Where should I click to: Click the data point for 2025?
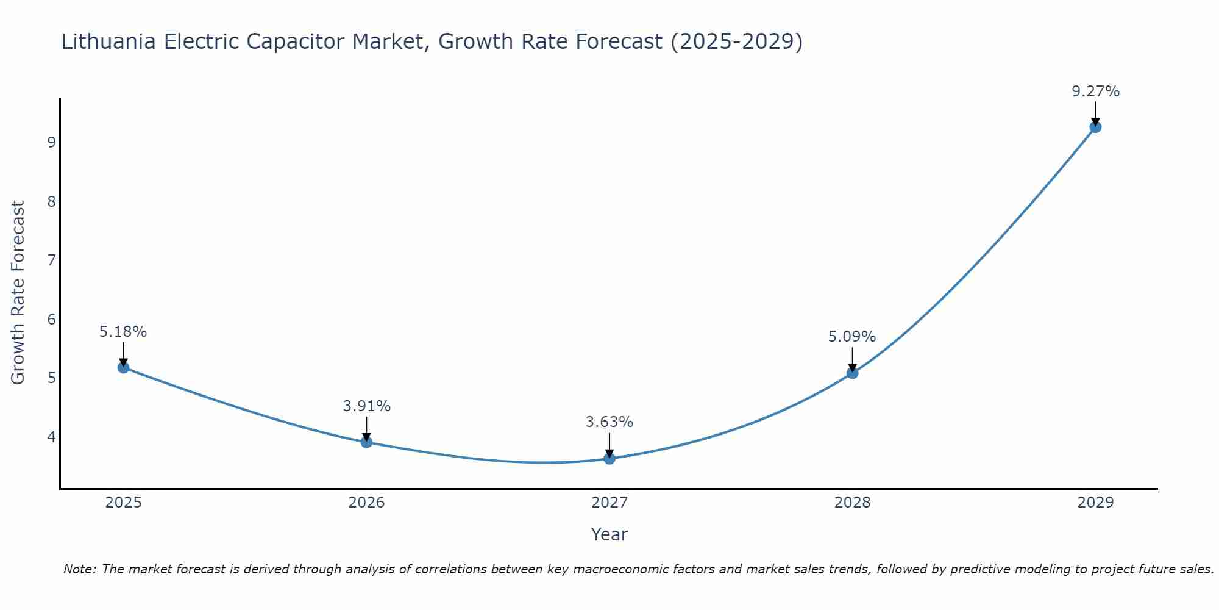click(123, 367)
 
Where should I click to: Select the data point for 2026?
click(366, 442)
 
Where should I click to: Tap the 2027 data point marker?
click(609, 458)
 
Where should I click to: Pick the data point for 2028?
click(852, 373)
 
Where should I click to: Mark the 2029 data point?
click(1095, 127)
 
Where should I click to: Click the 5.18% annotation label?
click(123, 332)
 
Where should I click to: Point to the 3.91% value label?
click(366, 406)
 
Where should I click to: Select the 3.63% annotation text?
click(609, 422)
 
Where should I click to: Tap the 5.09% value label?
click(852, 337)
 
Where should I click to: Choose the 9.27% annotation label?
click(1095, 91)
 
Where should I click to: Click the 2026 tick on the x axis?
click(366, 503)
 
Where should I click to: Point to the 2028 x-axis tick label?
click(852, 503)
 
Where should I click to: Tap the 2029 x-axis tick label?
click(1095, 503)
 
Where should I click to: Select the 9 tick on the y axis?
click(51, 143)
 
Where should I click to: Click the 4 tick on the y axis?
click(51, 437)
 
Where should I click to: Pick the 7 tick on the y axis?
click(51, 260)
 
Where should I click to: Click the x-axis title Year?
click(609, 534)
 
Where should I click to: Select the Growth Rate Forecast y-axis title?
click(18, 293)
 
